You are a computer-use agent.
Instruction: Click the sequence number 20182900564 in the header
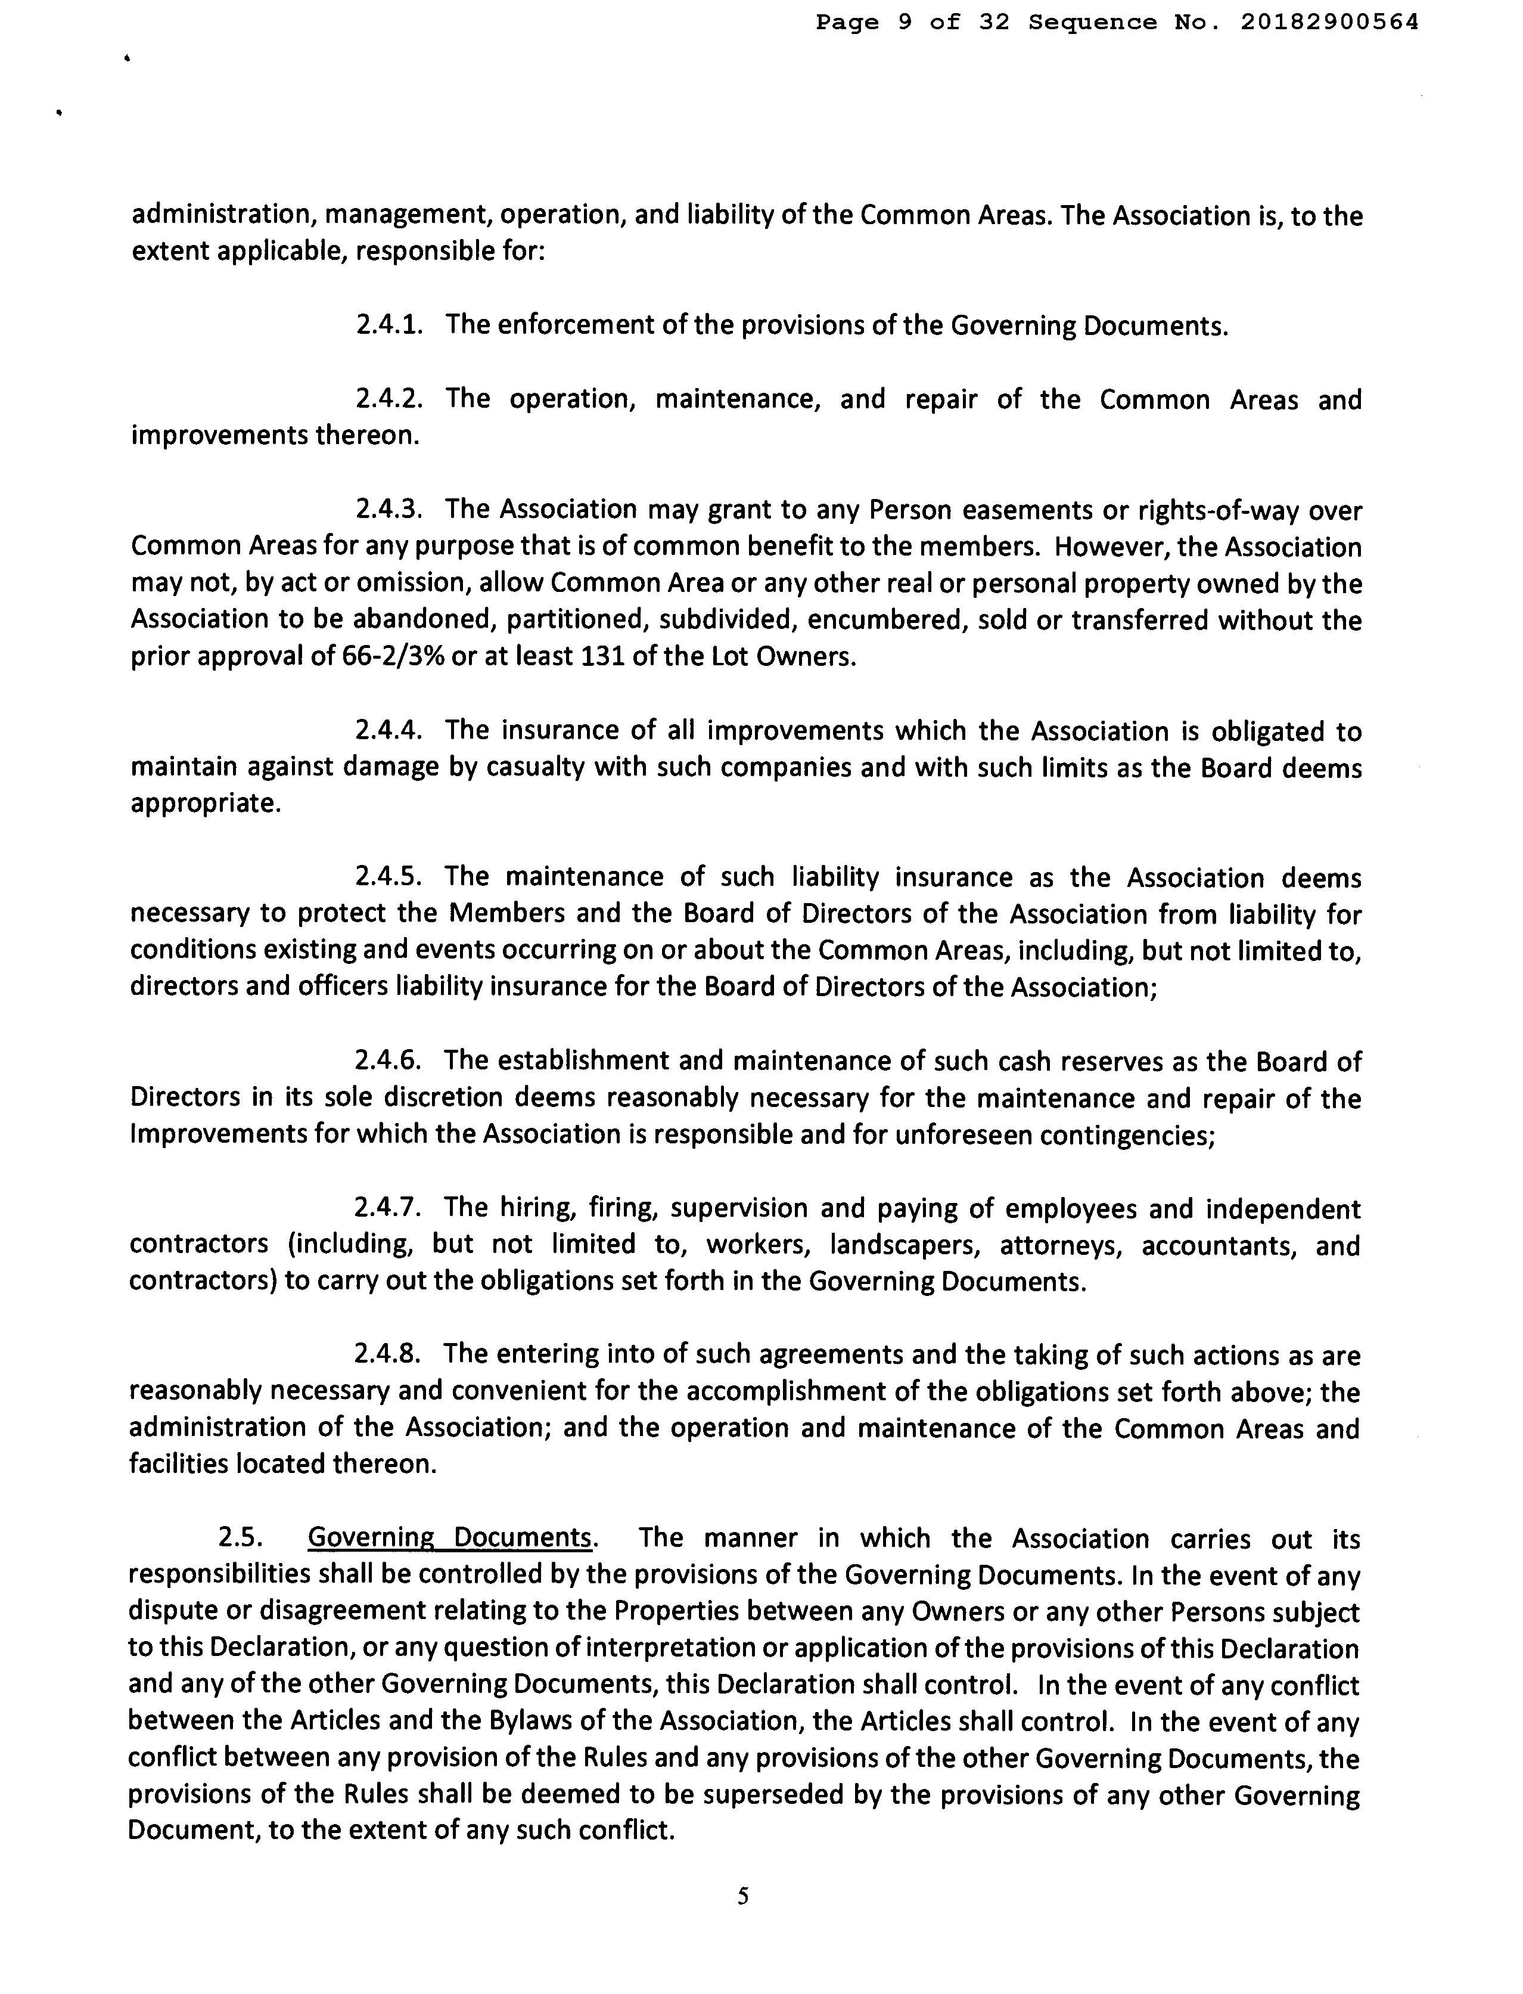point(1328,22)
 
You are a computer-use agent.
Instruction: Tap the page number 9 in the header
point(905,22)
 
